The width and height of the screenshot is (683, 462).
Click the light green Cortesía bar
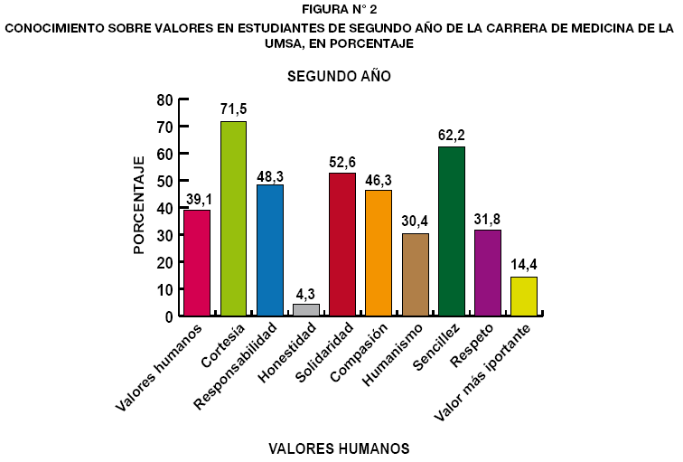[x=233, y=218]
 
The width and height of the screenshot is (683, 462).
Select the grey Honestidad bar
[x=305, y=310]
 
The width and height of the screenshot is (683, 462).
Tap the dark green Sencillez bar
[x=451, y=231]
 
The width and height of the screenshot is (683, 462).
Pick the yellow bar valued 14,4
[x=523, y=296]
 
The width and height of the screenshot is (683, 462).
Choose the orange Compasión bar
[x=379, y=252]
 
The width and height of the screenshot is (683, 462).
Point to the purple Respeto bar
[x=487, y=272]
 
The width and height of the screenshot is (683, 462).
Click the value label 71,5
[x=233, y=109]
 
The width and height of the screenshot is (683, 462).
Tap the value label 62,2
[x=451, y=135]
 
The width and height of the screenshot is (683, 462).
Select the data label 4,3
[x=305, y=293]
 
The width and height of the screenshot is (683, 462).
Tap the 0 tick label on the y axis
[x=168, y=316]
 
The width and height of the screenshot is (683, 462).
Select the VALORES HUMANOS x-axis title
[x=340, y=448]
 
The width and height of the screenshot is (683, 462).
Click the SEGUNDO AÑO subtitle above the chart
[x=339, y=77]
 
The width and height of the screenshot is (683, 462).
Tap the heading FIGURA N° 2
[x=339, y=10]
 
